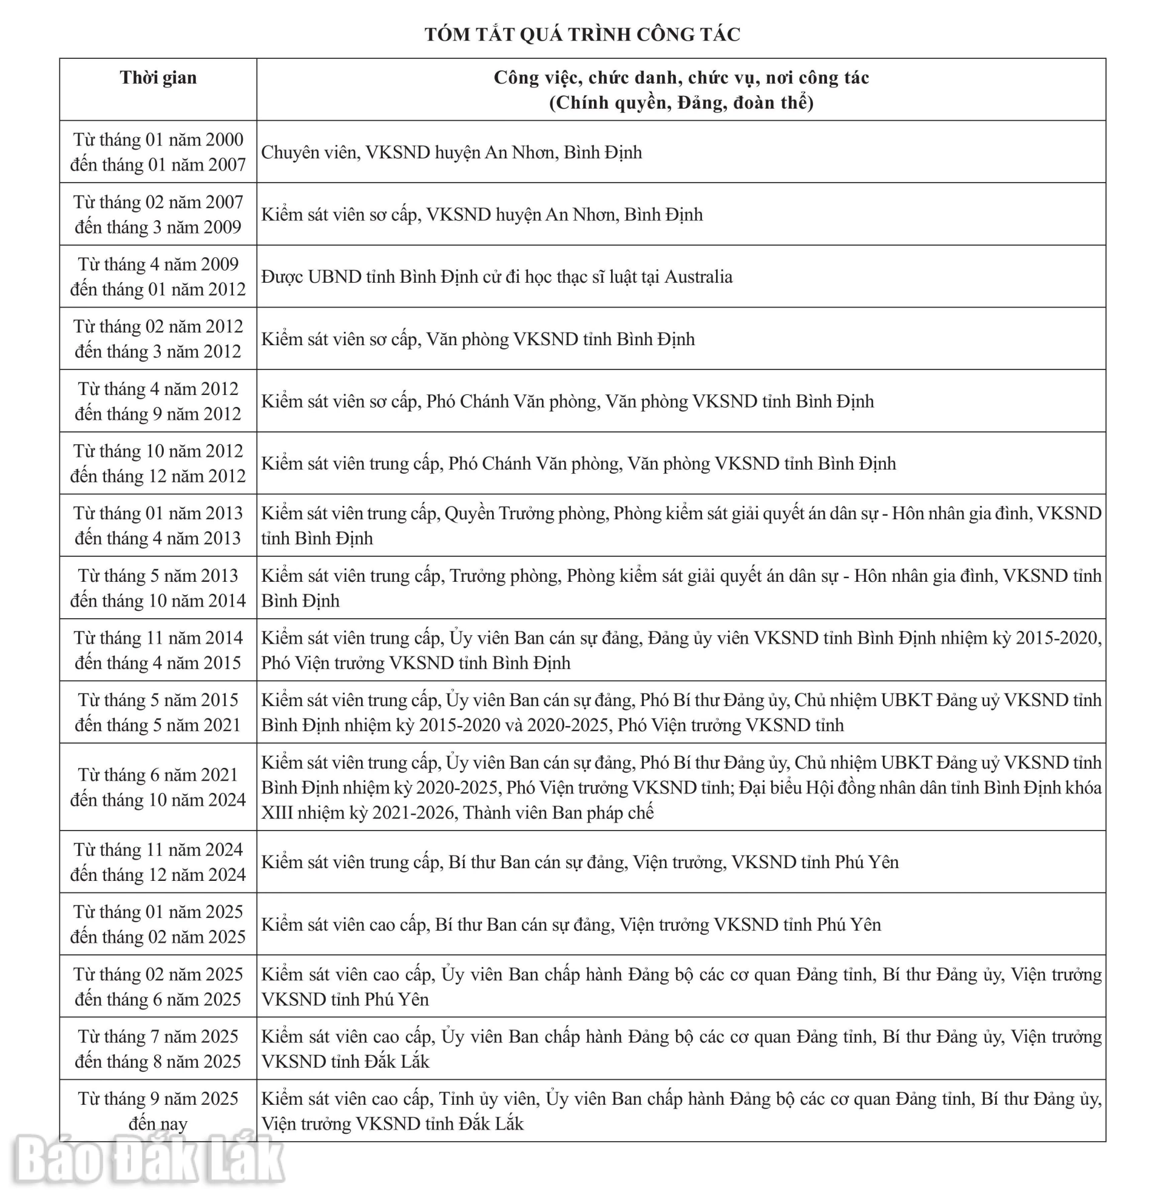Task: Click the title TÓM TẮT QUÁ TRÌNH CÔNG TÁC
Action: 582,35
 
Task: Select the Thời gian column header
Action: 158,78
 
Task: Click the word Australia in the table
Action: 698,277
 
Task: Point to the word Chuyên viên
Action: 309,152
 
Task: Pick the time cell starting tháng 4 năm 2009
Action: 158,277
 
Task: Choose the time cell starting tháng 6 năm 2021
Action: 158,787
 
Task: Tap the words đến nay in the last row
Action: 158,1124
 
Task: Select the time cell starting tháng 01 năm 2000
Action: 158,152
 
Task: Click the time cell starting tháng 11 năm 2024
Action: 158,862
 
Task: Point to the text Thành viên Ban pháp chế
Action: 558,814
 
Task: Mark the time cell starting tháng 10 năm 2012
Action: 158,463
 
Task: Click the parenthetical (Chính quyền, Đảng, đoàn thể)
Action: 681,103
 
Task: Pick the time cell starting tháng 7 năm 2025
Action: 158,1049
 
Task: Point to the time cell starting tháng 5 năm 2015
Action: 158,713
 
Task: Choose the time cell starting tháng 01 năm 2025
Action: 158,925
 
